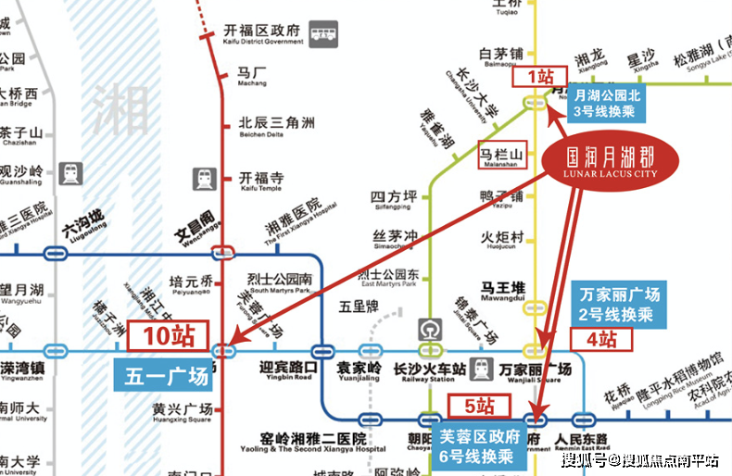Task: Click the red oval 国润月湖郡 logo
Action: click(612, 159)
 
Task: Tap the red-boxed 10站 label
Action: click(167, 336)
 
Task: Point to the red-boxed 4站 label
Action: click(601, 339)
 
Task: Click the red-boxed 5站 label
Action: click(479, 405)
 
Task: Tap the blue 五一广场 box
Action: click(167, 377)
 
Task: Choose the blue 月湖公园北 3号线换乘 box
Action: click(607, 103)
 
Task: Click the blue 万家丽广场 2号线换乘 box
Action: click(620, 305)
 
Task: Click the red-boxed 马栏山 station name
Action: click(501, 155)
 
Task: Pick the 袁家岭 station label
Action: click(360, 370)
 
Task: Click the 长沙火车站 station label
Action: click(428, 370)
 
